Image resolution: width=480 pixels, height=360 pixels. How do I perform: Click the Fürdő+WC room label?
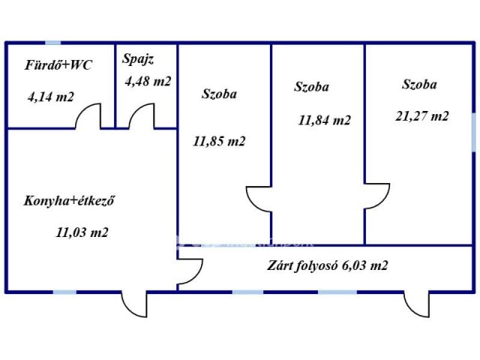click(x=58, y=65)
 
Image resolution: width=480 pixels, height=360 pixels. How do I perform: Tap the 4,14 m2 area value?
click(x=51, y=97)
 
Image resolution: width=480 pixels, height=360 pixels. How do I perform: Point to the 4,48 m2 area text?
click(x=148, y=81)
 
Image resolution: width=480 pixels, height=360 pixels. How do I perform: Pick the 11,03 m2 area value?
click(x=82, y=232)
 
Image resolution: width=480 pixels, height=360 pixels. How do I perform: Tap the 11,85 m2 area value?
click(x=219, y=140)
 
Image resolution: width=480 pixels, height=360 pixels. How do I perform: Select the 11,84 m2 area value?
click(x=324, y=120)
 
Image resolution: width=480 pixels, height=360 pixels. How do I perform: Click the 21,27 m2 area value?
click(x=422, y=115)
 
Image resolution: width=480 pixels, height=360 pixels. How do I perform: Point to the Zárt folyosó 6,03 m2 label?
click(x=327, y=265)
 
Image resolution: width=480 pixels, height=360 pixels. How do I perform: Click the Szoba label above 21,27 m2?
click(x=419, y=85)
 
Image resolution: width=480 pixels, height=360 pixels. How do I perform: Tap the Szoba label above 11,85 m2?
click(x=220, y=94)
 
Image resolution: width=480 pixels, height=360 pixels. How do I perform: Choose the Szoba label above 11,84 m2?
click(x=311, y=87)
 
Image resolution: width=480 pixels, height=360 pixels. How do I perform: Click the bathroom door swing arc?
click(x=89, y=117)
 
